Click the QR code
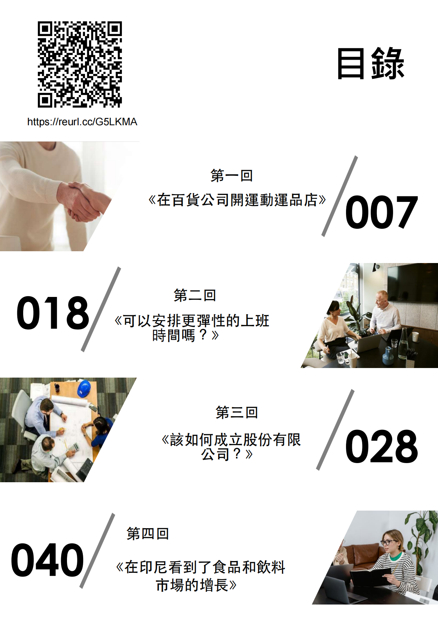80,64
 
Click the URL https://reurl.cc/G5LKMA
82,122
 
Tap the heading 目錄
371,64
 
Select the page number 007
381,212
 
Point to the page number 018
53,313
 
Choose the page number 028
381,446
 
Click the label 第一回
232,175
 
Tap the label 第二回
195,295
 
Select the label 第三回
237,412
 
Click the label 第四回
148,534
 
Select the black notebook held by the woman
371,575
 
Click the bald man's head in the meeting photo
381,298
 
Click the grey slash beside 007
340,196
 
